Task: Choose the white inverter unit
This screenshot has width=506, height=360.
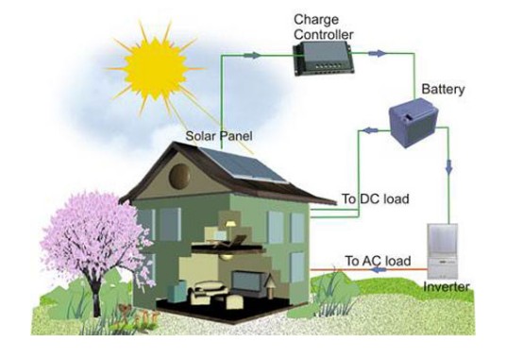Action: (x=447, y=249)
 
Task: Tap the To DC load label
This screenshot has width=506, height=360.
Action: (x=375, y=199)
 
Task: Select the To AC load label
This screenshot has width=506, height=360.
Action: (x=378, y=260)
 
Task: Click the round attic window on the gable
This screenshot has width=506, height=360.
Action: (x=179, y=175)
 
